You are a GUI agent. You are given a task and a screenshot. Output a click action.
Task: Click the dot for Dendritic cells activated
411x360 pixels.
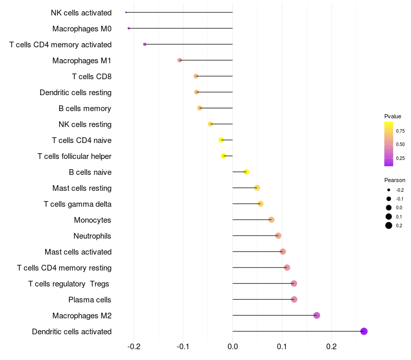pos(364,331)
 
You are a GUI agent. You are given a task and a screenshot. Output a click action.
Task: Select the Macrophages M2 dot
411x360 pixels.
pos(316,315)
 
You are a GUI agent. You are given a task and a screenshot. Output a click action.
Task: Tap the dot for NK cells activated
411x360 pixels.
pos(126,12)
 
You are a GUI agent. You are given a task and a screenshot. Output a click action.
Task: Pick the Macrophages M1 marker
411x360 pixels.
pos(179,60)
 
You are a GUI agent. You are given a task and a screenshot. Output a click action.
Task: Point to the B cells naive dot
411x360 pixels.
pos(246,172)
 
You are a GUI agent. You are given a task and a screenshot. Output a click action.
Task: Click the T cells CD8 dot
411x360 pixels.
pos(196,76)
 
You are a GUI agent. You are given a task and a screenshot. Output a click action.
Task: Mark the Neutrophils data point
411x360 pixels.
pos(278,236)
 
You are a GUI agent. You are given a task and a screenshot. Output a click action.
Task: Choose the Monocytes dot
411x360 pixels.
pos(271,220)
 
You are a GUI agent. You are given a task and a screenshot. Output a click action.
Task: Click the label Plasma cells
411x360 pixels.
pos(89,300)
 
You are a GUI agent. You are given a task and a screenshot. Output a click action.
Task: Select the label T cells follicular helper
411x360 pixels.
pos(74,156)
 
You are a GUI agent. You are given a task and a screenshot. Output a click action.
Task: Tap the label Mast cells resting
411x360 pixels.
pos(82,188)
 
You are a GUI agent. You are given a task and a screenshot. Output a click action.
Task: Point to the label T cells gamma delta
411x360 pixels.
pos(78,204)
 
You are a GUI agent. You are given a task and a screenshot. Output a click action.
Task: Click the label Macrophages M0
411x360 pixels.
pos(82,29)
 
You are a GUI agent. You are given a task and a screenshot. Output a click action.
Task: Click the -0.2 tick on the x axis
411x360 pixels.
pos(134,347)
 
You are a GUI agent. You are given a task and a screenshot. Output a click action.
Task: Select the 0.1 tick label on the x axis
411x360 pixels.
pos(282,347)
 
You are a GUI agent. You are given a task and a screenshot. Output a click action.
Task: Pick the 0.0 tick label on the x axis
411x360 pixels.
pos(233,347)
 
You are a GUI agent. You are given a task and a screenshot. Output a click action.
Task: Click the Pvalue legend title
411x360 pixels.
pos(393,116)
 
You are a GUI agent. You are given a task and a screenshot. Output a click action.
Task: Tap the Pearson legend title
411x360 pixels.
pos(395,180)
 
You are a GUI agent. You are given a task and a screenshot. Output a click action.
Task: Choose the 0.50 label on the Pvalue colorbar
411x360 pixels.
pos(400,145)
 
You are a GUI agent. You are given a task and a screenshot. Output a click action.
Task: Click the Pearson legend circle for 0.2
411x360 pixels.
pos(389,225)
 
